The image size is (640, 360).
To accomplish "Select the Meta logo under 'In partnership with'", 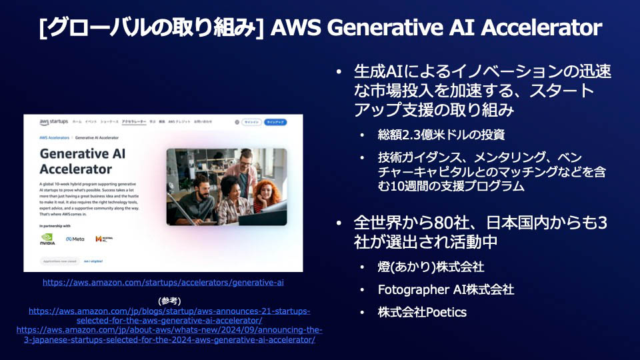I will pyautogui.click(x=75, y=238).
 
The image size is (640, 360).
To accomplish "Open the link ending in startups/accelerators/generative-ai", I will pyautogui.click(x=163, y=283).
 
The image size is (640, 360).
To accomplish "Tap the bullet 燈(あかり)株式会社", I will pyautogui.click(x=431, y=267).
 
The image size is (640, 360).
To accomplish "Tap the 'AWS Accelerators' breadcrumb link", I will pyautogui.click(x=55, y=137).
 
